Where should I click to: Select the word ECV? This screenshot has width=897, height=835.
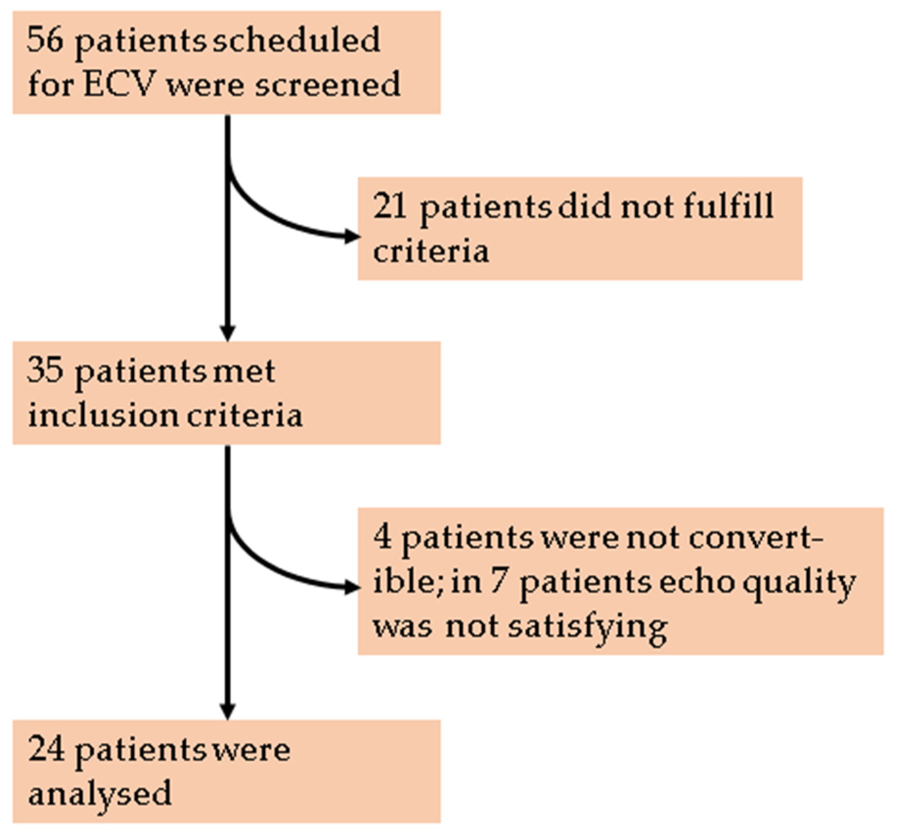pos(118,85)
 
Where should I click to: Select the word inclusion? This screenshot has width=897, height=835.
pos(103,416)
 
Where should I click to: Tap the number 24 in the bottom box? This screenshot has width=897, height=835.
pos(46,749)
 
